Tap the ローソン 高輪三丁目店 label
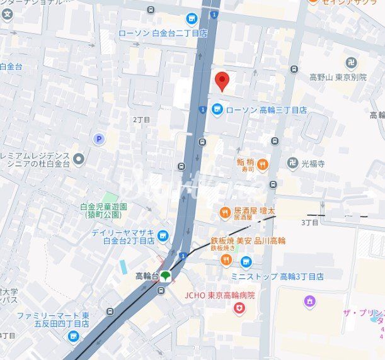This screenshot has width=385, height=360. pos(266,110)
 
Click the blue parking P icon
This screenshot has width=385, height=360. pos(98,138)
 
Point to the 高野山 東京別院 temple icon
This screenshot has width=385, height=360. pos(352,62)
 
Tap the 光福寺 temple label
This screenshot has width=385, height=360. pos(313,162)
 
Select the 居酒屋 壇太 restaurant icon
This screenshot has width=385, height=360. pos(224,213)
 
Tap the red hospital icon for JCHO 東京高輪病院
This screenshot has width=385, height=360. pos(239,308)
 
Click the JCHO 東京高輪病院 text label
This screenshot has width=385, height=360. pos(219,295)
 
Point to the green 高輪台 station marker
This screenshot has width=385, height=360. pos(165,275)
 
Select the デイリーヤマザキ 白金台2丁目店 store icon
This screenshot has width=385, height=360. pos(163,235)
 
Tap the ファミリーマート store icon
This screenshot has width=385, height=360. pos(74,337)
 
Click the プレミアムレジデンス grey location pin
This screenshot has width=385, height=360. pos(78,158)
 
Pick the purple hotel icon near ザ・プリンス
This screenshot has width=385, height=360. pos(309,301)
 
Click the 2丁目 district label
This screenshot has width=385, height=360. pos(141,119)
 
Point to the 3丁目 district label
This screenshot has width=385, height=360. pos(309,222)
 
